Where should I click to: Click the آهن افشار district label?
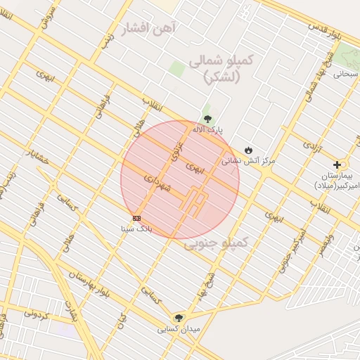click(150, 29)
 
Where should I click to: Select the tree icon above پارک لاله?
click(207, 119)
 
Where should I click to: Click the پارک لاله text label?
click(209, 130)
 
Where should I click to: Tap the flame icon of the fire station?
click(248, 150)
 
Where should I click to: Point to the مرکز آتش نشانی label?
click(249, 160)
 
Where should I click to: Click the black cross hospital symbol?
click(337, 165)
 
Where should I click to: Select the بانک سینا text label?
click(136, 228)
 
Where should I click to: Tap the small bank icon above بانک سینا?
click(136, 217)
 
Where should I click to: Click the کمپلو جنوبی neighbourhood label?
click(217, 243)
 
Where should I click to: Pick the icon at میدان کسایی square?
click(178, 318)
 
